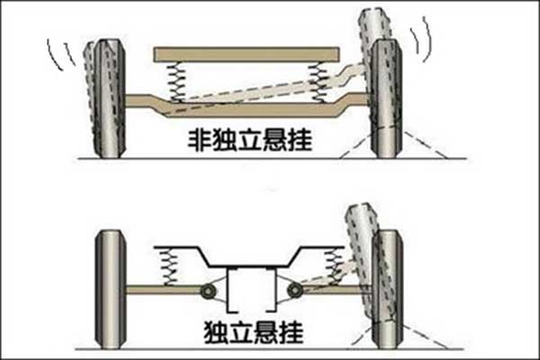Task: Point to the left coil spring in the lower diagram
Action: coord(167,266)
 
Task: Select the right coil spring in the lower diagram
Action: coord(336,265)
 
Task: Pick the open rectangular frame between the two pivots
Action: coord(251,290)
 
